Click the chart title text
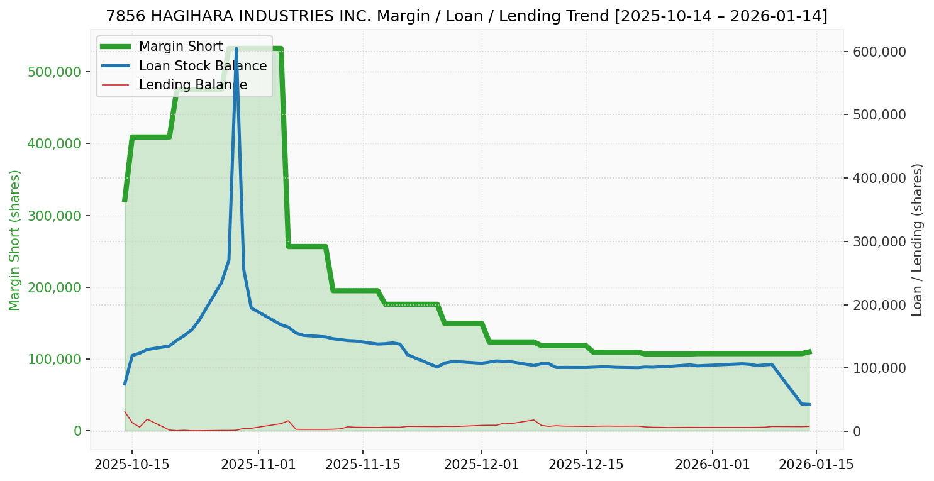[467, 16]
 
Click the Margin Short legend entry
[181, 47]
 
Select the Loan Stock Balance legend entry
[203, 65]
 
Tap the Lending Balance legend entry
[192, 85]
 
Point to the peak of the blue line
[236, 48]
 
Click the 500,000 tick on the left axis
[55, 72]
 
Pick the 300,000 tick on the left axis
[55, 216]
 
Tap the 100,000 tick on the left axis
[55, 359]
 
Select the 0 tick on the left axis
[78, 431]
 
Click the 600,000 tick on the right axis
[879, 52]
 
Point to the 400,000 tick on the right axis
[879, 178]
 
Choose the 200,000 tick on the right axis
[879, 305]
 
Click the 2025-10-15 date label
[131, 465]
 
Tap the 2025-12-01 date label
[481, 465]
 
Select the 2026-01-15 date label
[816, 465]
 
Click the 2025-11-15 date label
[362, 465]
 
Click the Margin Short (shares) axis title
[15, 240]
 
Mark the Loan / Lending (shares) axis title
[918, 240]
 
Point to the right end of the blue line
[809, 404]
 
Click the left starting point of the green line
[125, 201]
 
